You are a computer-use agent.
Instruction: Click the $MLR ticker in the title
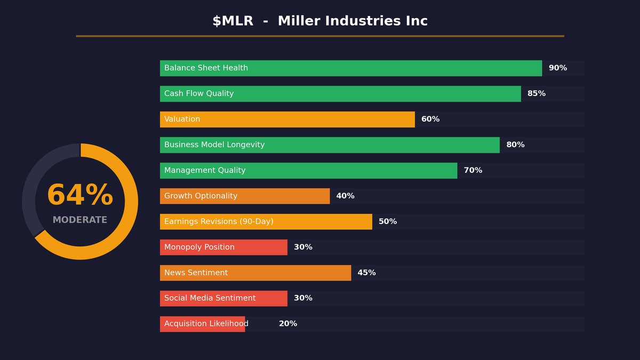233,21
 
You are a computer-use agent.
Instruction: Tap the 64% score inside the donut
80,196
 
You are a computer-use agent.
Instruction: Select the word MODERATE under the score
80,220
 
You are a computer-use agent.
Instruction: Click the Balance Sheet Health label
206,68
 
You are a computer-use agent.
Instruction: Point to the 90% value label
558,68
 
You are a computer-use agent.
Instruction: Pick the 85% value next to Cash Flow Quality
537,94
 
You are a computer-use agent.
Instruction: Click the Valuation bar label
182,119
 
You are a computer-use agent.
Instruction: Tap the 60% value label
430,119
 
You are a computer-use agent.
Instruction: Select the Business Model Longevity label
214,145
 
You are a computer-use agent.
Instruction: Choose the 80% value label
515,145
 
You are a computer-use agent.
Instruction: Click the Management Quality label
205,171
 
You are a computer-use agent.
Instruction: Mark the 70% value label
473,171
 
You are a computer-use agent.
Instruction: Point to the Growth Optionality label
201,196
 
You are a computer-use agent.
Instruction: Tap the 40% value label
345,196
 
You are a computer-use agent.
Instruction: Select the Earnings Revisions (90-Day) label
219,222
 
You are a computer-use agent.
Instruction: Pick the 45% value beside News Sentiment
366,273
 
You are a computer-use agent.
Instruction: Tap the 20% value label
288,324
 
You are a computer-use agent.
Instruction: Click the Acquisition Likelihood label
206,324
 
